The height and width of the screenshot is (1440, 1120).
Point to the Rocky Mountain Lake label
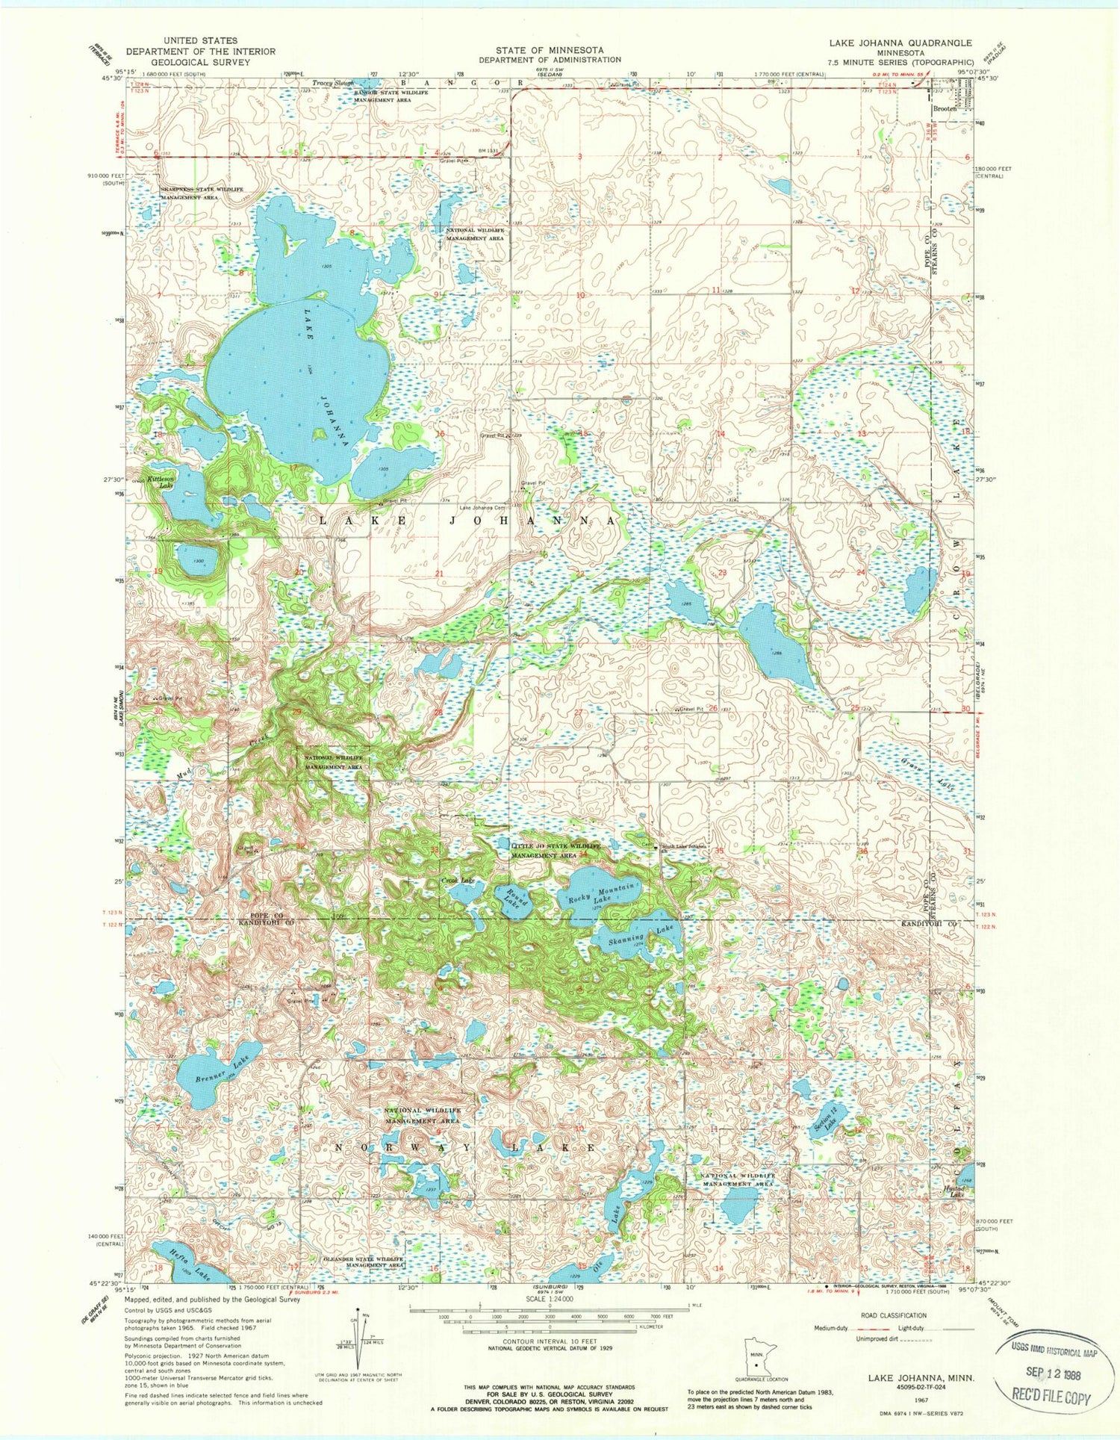(603, 893)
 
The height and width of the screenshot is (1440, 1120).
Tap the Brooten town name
(945, 109)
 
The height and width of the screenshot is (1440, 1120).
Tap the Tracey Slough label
(333, 83)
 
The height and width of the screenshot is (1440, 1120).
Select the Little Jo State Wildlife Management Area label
(556, 851)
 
